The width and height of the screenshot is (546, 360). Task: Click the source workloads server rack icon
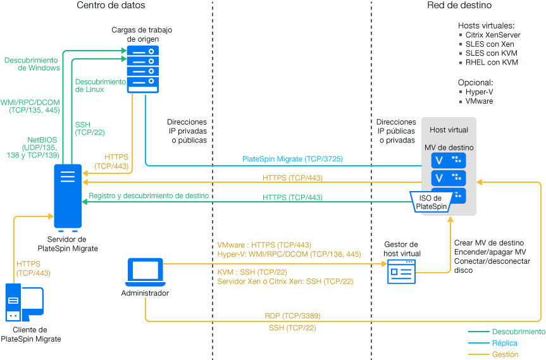[142, 68]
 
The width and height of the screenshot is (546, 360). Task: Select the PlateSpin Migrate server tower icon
[68, 196]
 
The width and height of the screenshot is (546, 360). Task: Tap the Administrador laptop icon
[146, 271]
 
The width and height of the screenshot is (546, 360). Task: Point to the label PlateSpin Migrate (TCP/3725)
[292, 159]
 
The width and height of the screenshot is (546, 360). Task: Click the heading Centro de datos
[111, 6]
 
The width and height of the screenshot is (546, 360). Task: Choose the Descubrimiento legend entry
[518, 332]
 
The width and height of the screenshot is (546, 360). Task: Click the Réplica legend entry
[505, 343]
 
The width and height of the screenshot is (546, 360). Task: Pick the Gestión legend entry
[505, 354]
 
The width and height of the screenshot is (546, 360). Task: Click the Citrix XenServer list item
[488, 35]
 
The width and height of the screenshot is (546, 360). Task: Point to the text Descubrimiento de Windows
[32, 64]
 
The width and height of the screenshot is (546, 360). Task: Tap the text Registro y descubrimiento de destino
[149, 196]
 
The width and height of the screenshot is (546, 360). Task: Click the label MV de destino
[449, 147]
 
